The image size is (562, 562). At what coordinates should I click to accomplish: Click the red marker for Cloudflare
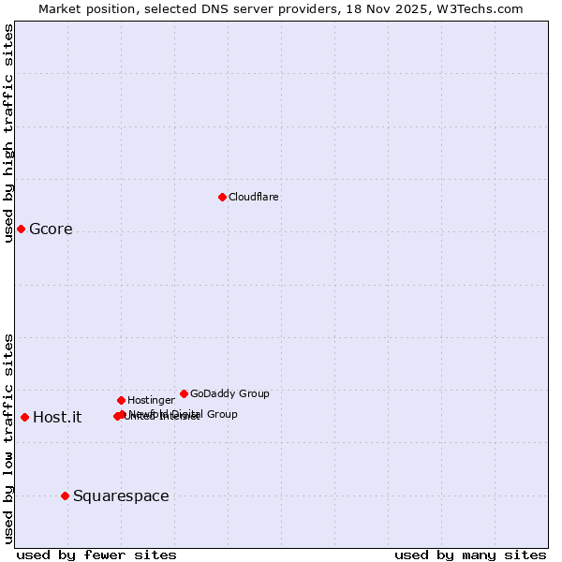tap(222, 197)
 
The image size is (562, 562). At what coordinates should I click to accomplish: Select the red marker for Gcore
tap(21, 229)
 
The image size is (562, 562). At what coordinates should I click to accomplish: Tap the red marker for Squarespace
tap(65, 495)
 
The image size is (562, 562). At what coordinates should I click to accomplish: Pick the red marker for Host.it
tap(24, 417)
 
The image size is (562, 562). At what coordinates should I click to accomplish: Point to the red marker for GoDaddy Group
tap(184, 393)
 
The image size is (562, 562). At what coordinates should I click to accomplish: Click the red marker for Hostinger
tap(121, 400)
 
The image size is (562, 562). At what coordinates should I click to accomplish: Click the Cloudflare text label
tap(254, 197)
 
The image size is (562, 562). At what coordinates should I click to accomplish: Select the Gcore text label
tap(51, 229)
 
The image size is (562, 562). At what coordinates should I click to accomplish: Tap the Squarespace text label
tap(121, 496)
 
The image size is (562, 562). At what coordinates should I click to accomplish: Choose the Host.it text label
tap(57, 418)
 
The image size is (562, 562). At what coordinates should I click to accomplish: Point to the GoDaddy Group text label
tap(229, 393)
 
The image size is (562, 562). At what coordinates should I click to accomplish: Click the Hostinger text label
tap(151, 400)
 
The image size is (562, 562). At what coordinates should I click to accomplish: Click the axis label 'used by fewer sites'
tap(96, 555)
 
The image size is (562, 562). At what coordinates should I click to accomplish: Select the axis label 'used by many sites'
tap(470, 555)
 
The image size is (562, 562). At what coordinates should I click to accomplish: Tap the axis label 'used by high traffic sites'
tap(8, 133)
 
